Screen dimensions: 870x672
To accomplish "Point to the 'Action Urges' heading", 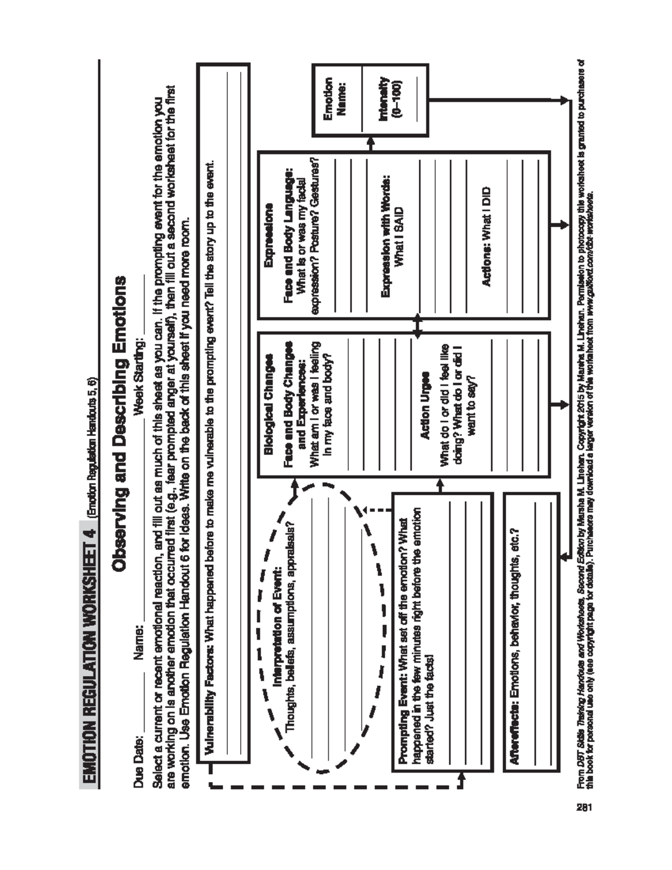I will [425, 404].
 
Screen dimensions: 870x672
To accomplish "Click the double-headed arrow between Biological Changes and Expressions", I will [417, 326].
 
